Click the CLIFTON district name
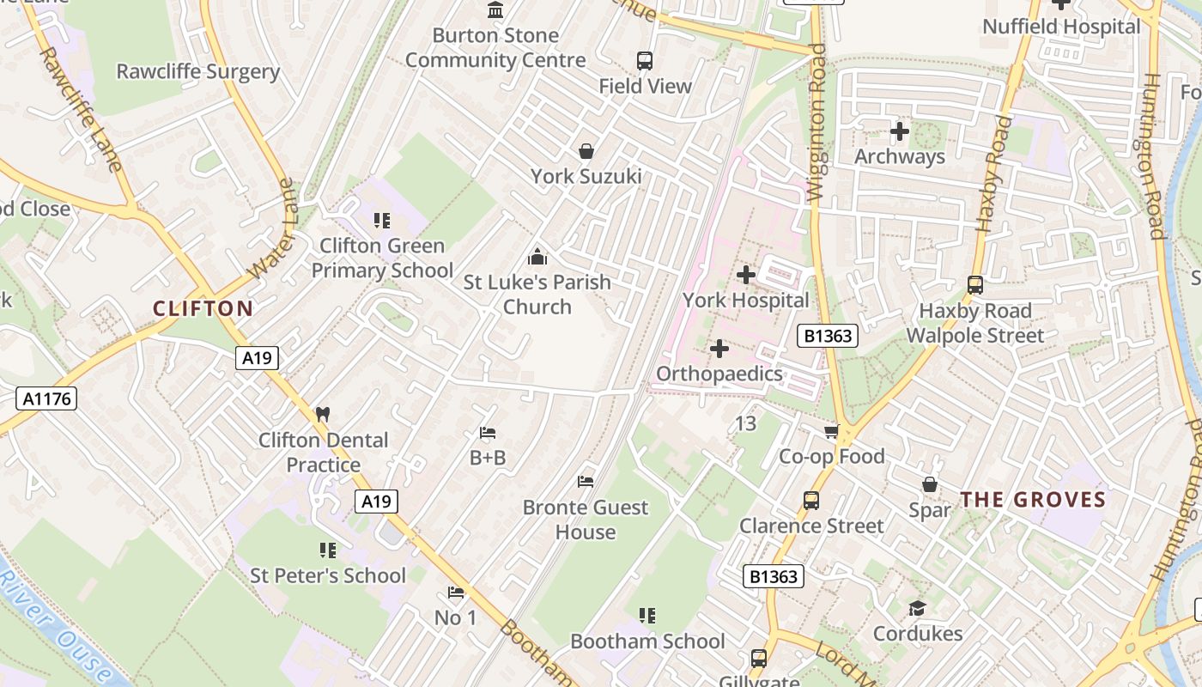pos(203,309)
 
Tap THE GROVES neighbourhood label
pos(1033,500)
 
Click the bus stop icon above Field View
pos(645,61)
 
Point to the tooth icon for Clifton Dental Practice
pos(323,414)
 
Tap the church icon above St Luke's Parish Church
pos(537,257)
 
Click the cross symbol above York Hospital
pos(746,275)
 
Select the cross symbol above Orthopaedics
pos(719,349)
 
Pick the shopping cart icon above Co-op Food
pos(831,431)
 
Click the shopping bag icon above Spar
pos(930,485)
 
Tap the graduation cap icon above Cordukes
pos(917,609)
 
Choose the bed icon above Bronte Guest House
pos(586,482)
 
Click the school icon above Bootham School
pos(647,616)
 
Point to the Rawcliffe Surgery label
pos(198,71)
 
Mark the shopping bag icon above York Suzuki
pos(586,152)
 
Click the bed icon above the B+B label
pos(488,433)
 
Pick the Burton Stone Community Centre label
pos(495,48)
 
